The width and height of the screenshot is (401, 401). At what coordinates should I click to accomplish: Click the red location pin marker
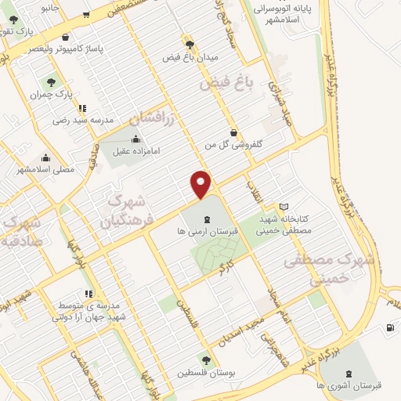[201, 184]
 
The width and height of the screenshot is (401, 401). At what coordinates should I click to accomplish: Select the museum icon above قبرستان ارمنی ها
[206, 219]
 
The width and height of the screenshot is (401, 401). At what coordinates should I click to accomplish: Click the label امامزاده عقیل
[126, 153]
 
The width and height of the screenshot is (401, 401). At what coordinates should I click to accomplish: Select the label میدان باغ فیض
[190, 57]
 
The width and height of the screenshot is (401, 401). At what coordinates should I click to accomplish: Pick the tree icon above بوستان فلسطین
[205, 359]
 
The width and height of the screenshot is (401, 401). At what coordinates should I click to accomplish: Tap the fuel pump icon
[390, 327]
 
